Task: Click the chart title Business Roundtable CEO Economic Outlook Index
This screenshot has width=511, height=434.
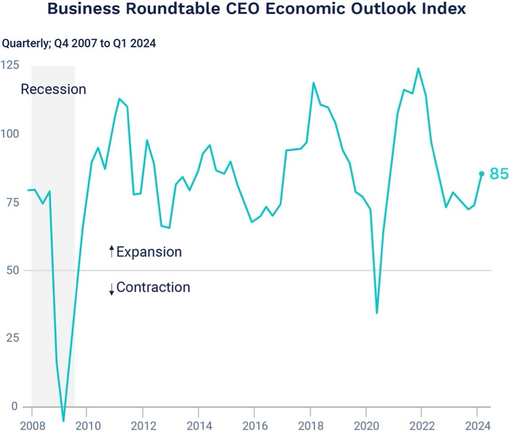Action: point(256,9)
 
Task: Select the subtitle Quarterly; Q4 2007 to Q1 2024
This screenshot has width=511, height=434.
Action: point(79,44)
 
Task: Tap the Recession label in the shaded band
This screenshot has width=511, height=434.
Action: point(53,89)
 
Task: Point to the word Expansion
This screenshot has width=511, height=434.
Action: point(149,252)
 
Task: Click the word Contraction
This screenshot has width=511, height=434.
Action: point(153,287)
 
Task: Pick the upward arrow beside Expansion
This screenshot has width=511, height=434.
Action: point(111,252)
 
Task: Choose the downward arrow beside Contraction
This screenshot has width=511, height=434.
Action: point(111,288)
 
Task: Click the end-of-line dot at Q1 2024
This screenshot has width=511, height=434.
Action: point(482,174)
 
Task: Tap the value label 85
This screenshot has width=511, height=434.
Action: point(499,174)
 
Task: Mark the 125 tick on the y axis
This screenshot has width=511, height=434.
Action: point(10,65)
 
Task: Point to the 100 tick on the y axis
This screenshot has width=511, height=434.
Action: point(10,134)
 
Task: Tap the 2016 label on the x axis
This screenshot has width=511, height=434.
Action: point(254,425)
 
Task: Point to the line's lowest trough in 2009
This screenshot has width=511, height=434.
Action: point(64,421)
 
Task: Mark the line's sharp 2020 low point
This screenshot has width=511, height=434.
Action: point(377,313)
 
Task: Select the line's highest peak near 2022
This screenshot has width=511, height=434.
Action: point(418,69)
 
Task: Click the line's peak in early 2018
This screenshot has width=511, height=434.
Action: point(313,83)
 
